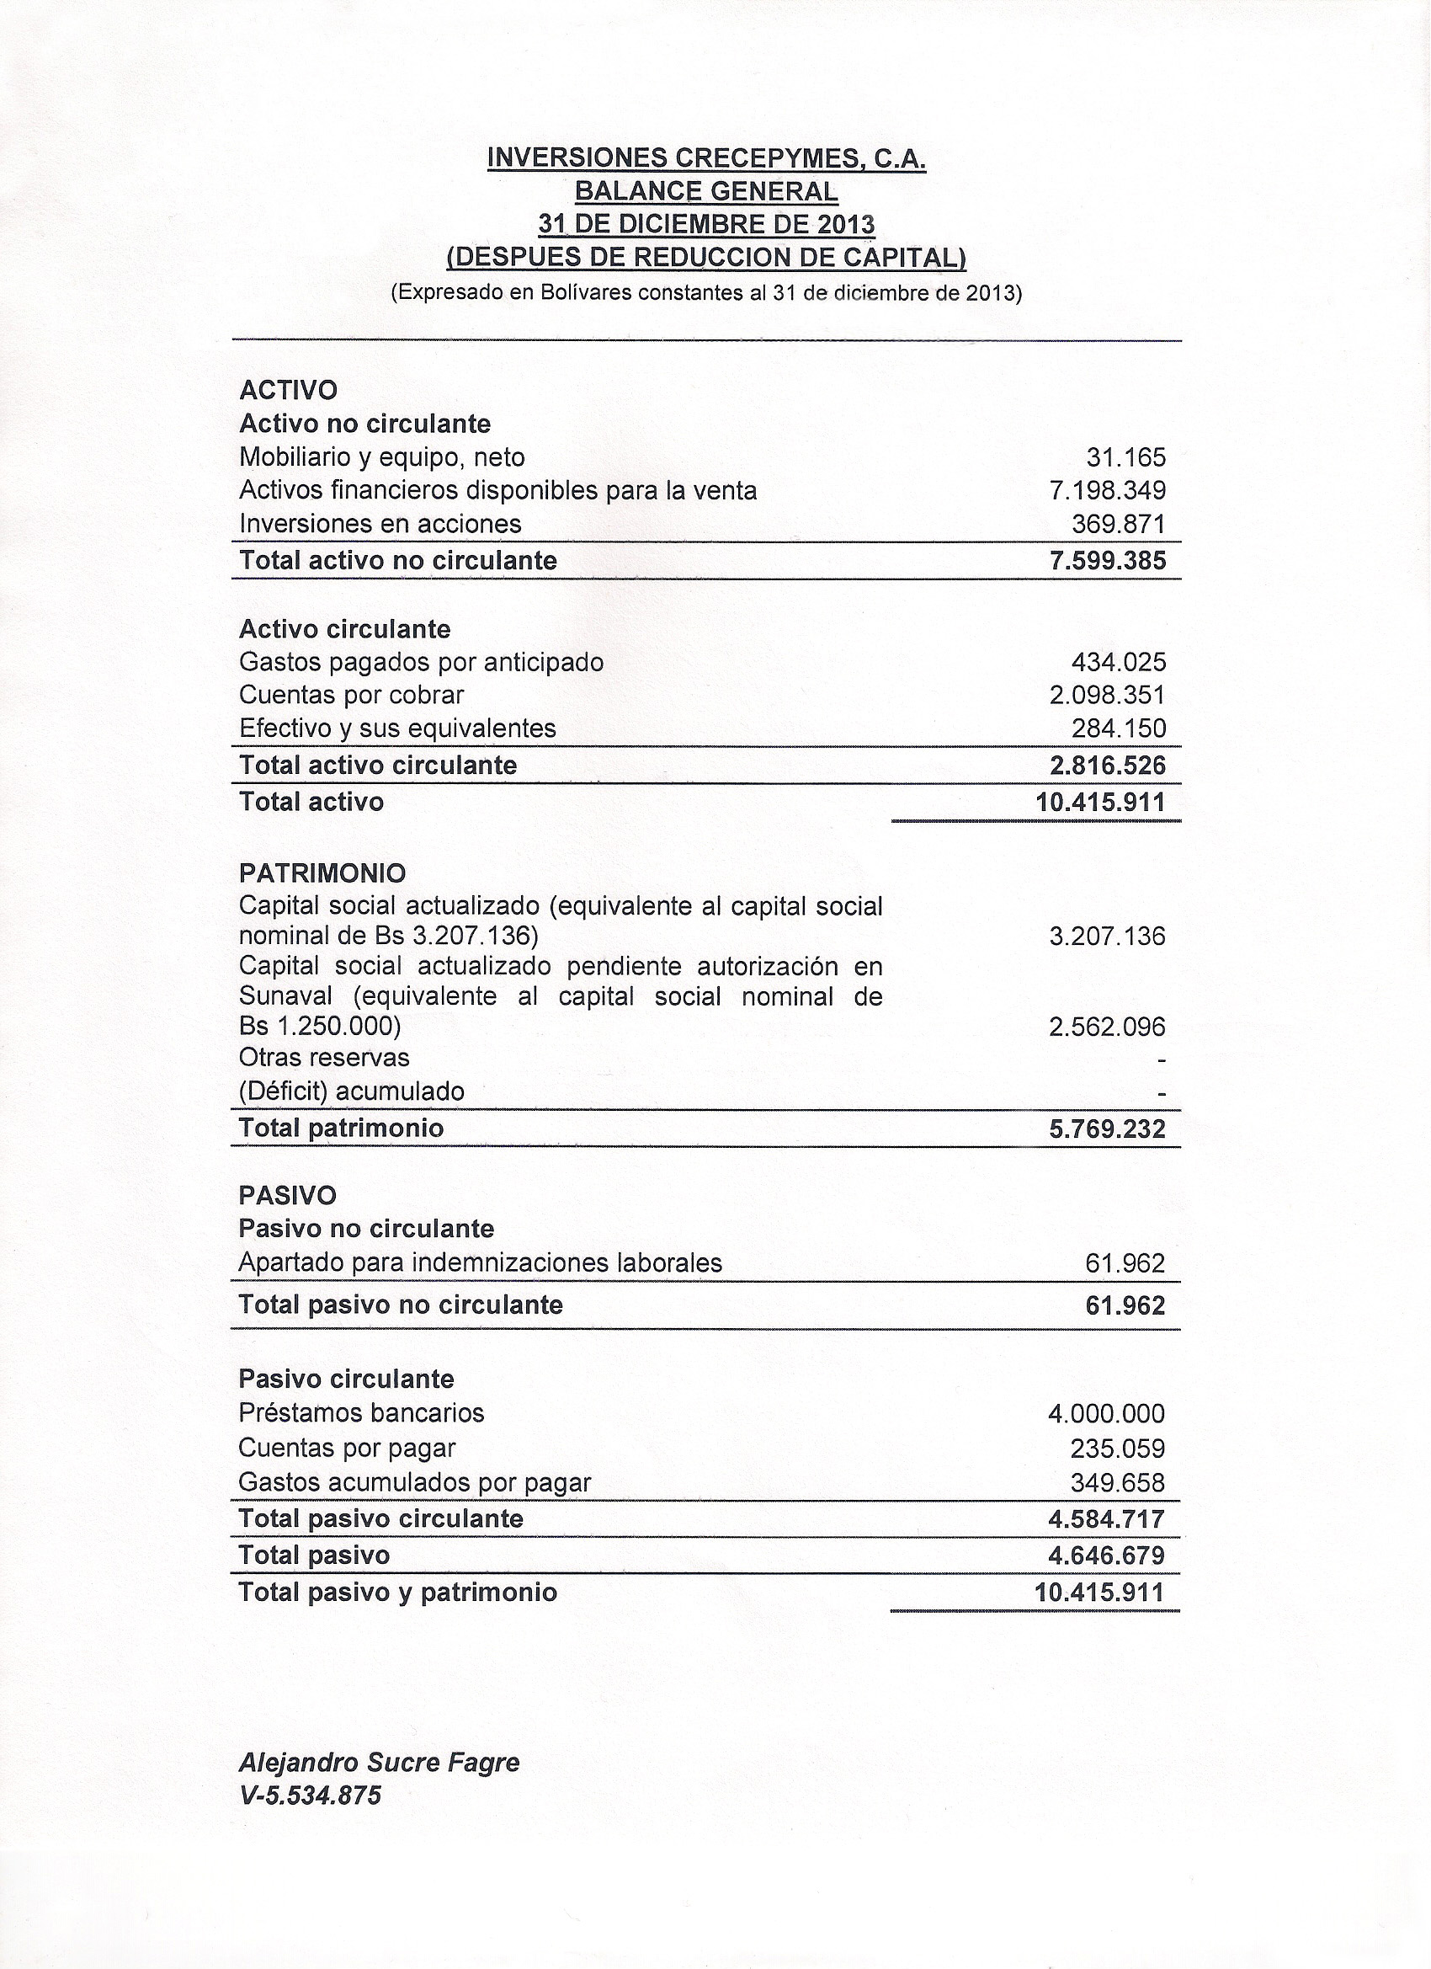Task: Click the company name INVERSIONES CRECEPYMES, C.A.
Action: [706, 158]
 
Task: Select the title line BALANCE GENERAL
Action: [706, 191]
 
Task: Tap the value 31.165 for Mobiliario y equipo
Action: [1125, 457]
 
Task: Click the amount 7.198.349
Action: [1107, 491]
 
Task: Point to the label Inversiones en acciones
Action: [380, 525]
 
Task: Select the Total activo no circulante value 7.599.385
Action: [1107, 561]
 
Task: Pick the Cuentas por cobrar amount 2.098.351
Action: [1107, 696]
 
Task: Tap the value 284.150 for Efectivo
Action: [1119, 728]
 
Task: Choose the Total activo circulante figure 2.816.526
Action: [1107, 766]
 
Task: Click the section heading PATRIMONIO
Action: [322, 872]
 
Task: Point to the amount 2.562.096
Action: [1107, 1028]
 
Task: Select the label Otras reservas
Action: [324, 1059]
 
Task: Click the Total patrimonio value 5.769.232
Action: [1107, 1129]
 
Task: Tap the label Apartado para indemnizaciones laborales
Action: [480, 1263]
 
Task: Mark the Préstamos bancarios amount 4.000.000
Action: [1106, 1414]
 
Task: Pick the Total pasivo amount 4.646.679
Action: [1106, 1555]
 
